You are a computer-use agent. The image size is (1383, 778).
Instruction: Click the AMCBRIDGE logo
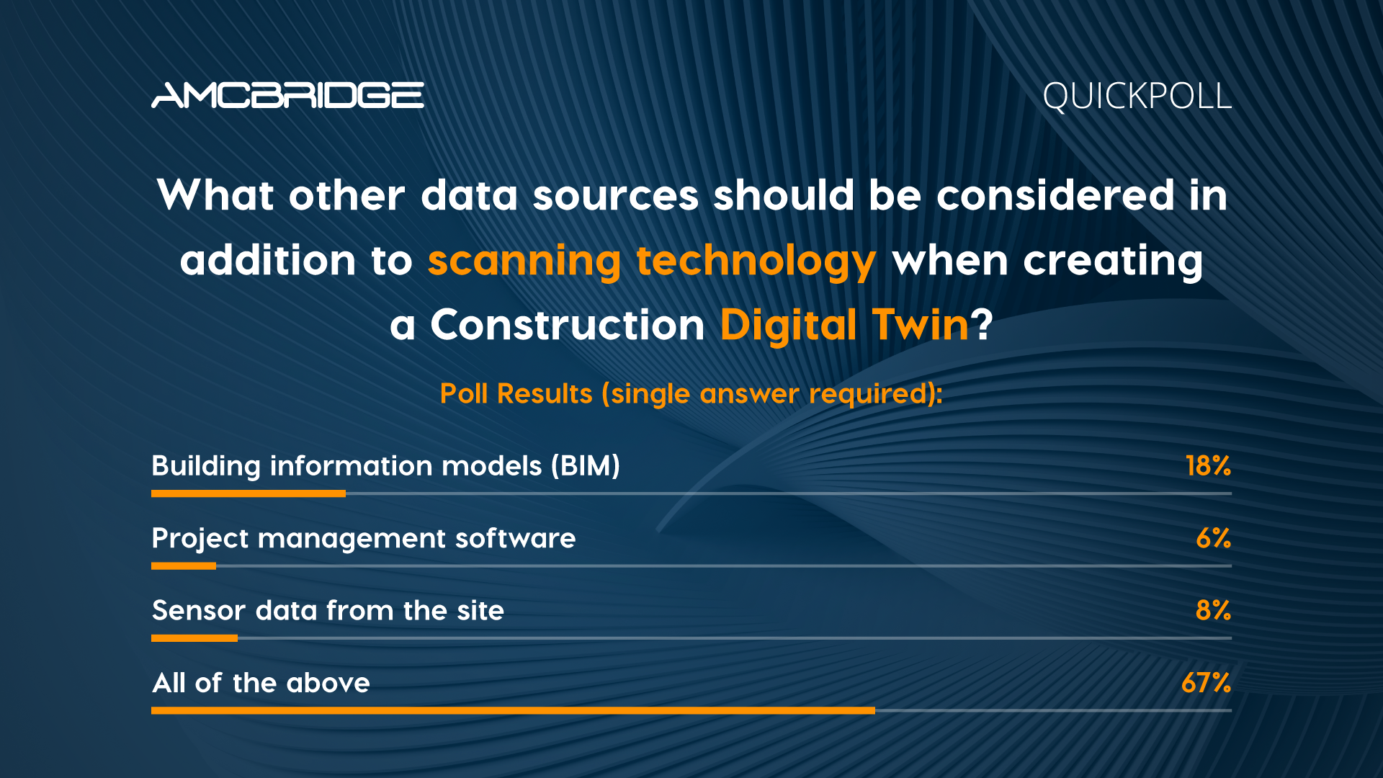[287, 95]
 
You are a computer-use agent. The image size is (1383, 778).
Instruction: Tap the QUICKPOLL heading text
[1137, 97]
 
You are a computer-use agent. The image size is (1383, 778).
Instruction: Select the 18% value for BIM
[1208, 466]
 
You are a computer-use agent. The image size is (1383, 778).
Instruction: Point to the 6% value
[1213, 538]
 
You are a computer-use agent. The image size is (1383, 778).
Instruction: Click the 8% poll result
[1213, 610]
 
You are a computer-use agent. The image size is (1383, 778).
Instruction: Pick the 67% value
[1206, 682]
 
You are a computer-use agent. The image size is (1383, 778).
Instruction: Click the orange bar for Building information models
[249, 493]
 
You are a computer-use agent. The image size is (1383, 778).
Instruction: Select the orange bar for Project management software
[184, 565]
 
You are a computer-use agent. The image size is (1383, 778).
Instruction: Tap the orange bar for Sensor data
[194, 638]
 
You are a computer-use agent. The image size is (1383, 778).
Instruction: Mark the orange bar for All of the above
[513, 710]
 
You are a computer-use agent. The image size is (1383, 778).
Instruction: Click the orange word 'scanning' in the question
[524, 261]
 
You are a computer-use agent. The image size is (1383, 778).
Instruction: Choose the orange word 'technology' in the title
[756, 261]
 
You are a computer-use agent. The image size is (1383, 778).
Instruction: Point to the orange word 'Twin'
[921, 325]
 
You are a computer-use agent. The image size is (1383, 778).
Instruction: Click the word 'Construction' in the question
[568, 325]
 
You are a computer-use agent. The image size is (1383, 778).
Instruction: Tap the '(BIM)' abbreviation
[586, 466]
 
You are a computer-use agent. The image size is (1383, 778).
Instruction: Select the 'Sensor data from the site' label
[328, 611]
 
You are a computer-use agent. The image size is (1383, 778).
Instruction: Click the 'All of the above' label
[261, 683]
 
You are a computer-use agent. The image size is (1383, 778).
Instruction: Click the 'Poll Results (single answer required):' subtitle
[691, 394]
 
